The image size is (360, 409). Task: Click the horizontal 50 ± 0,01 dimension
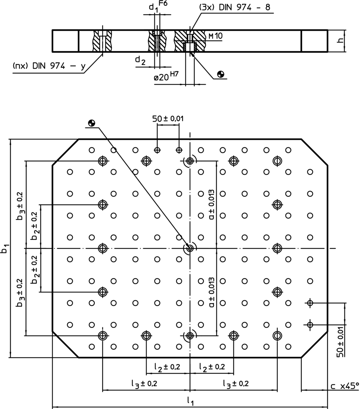(x=168, y=119)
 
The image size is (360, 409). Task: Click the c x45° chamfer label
(x=345, y=386)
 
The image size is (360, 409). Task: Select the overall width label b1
(x=5, y=248)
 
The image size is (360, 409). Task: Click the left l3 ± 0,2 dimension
(x=144, y=383)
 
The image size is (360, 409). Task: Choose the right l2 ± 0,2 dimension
(x=212, y=367)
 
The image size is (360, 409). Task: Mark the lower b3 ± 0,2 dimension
(x=20, y=292)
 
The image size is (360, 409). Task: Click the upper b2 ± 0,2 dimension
(x=34, y=226)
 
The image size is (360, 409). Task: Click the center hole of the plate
(x=190, y=248)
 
